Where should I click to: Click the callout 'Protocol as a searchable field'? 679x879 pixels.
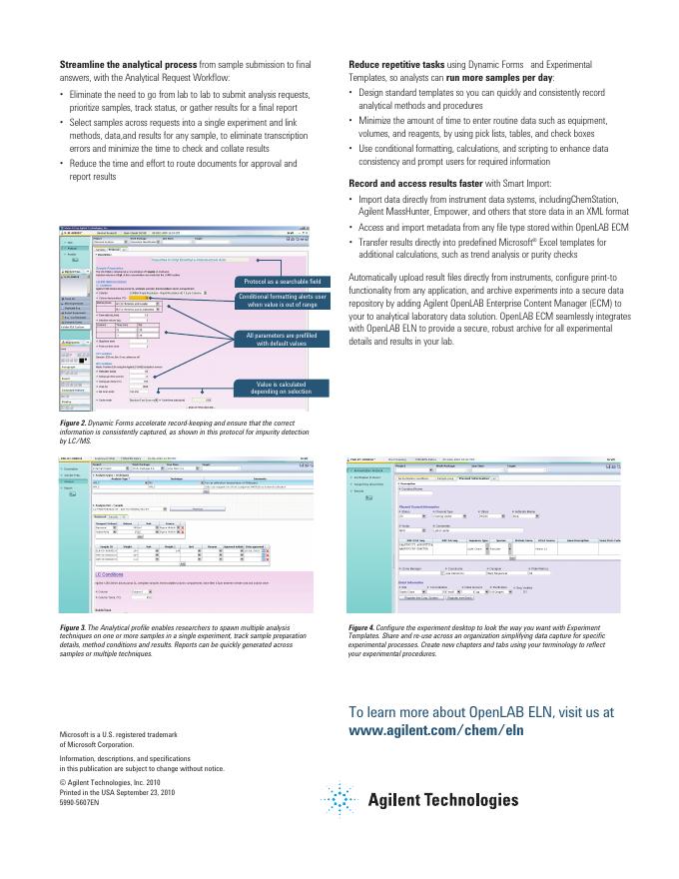(281, 282)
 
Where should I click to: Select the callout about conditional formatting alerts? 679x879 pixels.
(281, 301)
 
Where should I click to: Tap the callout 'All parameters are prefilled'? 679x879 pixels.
(281, 339)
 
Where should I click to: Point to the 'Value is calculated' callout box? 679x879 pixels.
(281, 388)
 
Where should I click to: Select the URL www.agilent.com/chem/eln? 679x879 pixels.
(436, 730)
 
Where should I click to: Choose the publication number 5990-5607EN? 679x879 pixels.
(80, 802)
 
